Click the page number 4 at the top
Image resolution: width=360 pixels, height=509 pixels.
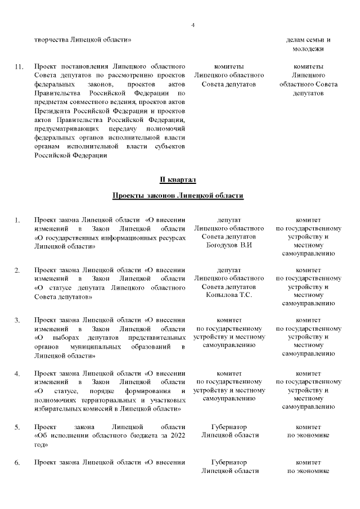click(193, 25)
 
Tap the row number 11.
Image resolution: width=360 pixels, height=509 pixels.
click(19, 67)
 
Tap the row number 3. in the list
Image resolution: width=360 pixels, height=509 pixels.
click(17, 321)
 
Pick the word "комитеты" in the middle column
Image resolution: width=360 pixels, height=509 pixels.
click(229, 66)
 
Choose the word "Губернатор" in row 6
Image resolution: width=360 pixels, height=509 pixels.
click(229, 462)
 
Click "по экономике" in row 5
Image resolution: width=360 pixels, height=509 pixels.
click(308, 435)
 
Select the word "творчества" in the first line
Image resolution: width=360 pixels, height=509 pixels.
click(51, 40)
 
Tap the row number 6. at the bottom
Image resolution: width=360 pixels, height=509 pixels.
click(17, 463)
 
